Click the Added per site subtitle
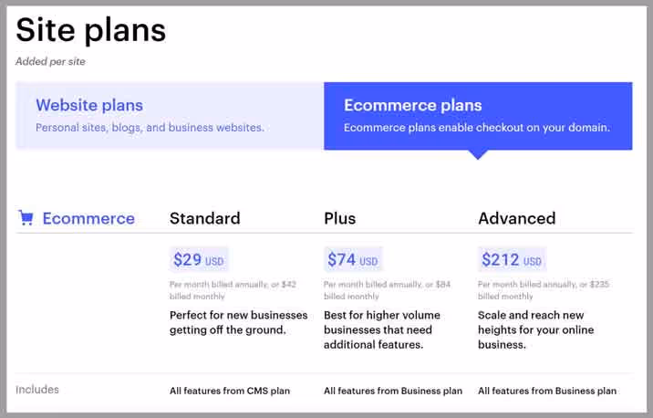coord(50,62)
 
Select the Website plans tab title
coord(89,105)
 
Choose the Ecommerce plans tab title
coord(413,105)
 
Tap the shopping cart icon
coord(26,218)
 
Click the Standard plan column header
coord(205,218)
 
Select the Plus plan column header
coord(340,218)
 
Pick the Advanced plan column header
coord(517,218)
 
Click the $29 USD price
coord(198,260)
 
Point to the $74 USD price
coord(352,260)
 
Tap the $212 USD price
coord(512,260)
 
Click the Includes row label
coord(37,390)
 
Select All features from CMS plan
coord(230,391)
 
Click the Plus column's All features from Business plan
coord(393,391)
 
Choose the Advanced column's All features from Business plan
coord(547,391)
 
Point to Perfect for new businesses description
coord(239,322)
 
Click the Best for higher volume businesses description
coord(382,329)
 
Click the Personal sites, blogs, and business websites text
coord(150,128)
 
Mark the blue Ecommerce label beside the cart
coord(88,218)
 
